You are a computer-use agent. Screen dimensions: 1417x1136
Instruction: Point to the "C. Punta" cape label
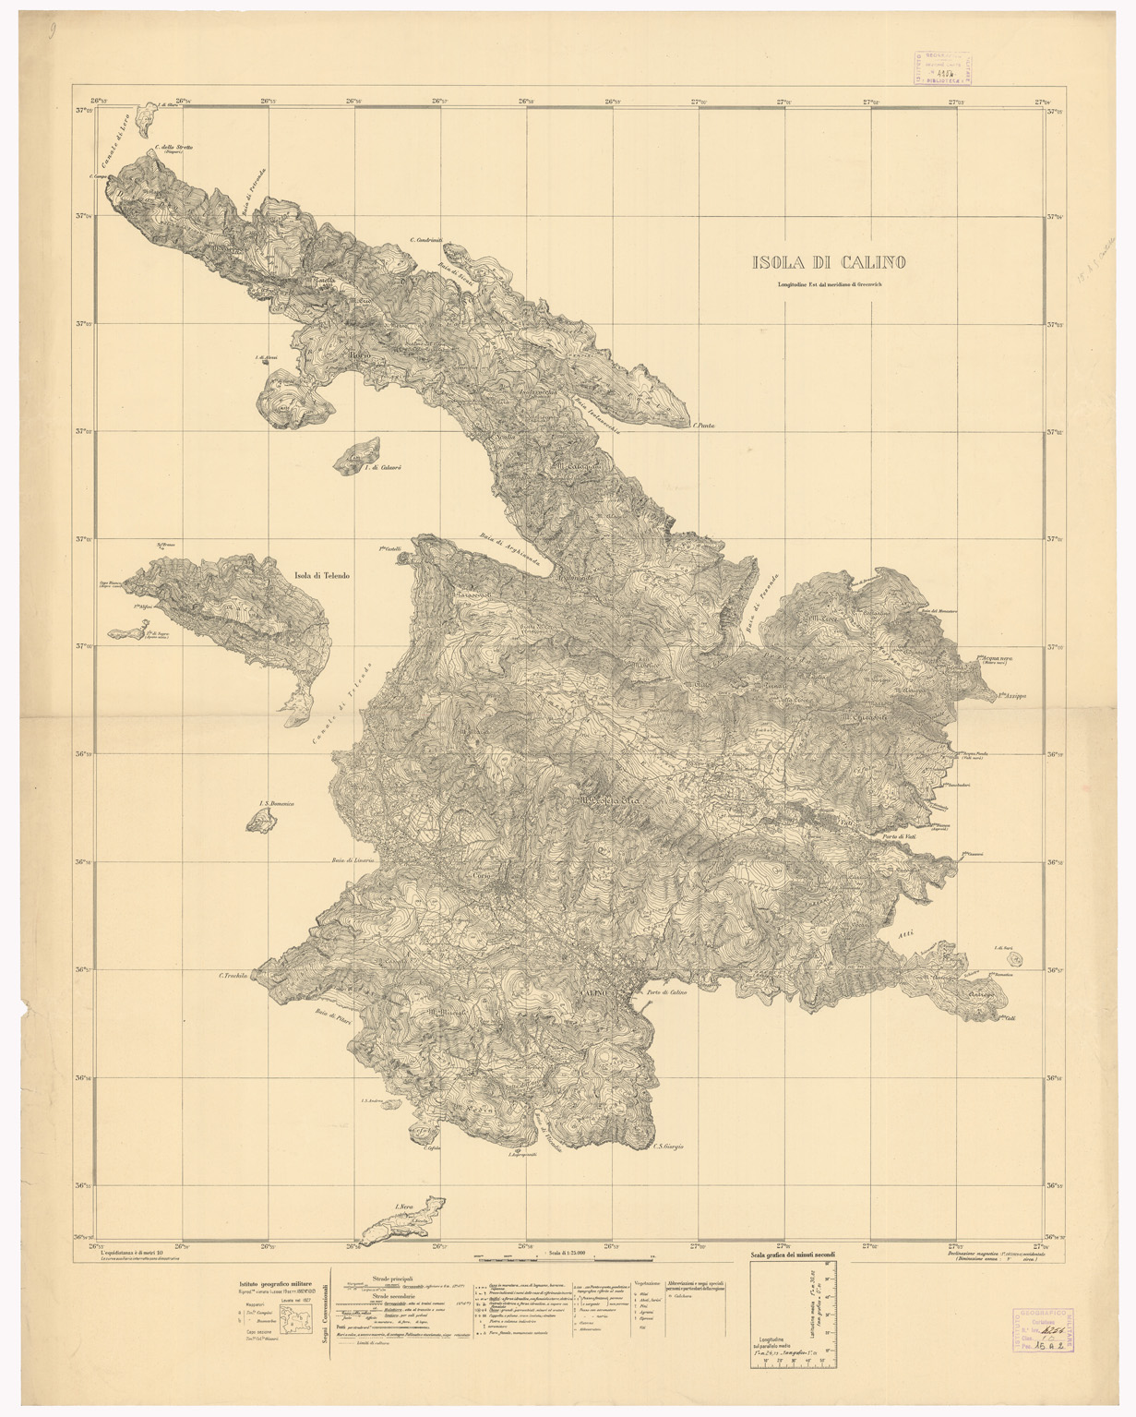coord(704,426)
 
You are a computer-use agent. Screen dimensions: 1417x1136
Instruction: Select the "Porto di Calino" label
coord(667,992)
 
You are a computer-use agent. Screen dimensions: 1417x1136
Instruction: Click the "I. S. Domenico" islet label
coord(277,804)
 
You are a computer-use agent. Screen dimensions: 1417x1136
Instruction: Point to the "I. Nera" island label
coord(402,1207)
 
